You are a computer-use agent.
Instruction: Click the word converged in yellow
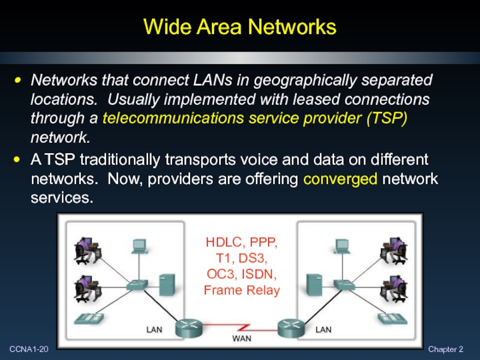point(341,179)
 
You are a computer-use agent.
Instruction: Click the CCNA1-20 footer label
point(28,349)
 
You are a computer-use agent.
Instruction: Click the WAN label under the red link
point(242,338)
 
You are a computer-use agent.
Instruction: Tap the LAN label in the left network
point(154,329)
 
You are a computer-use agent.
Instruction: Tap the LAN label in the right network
point(323,329)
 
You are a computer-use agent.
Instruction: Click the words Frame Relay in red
point(242,290)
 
